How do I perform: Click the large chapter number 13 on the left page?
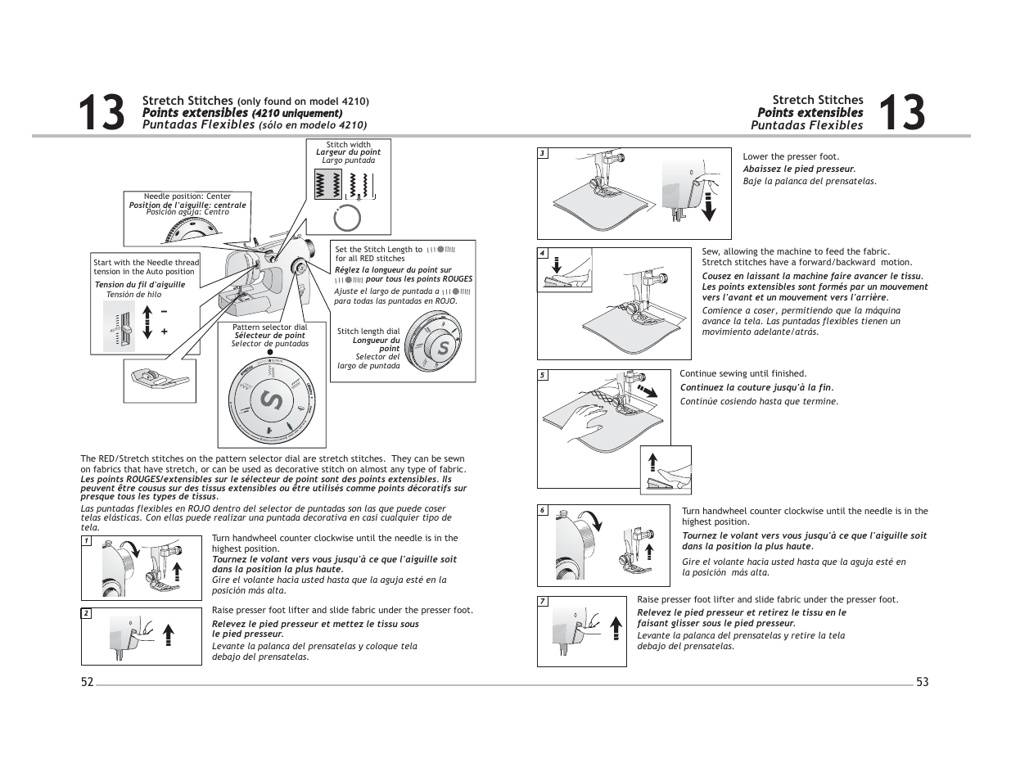pos(102,113)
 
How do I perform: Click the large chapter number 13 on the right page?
pos(901,113)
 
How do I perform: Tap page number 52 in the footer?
pos(87,682)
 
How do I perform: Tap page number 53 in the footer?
pos(923,682)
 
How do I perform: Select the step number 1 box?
pos(86,541)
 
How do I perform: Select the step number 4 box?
pos(542,253)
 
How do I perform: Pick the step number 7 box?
pos(542,602)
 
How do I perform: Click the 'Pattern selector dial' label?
pos(270,327)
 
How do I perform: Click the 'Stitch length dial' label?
pos(368,332)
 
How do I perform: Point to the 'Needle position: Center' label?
pos(187,196)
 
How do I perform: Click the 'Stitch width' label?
pos(348,145)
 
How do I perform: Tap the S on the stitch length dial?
pos(443,348)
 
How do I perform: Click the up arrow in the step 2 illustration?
pos(169,634)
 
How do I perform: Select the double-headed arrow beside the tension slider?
pos(147,322)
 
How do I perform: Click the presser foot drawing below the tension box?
pos(160,378)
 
